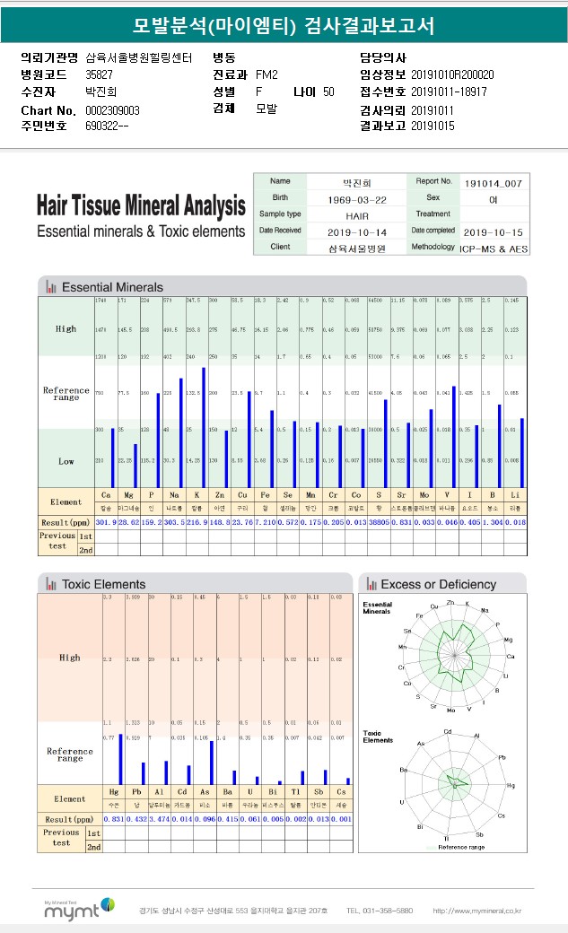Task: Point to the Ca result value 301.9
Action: click(x=106, y=522)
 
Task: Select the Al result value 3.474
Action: click(x=159, y=819)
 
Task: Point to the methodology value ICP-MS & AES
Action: click(x=495, y=247)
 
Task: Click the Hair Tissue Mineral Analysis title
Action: click(x=141, y=205)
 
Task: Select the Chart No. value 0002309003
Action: click(x=112, y=109)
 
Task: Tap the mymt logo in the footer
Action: click(x=79, y=909)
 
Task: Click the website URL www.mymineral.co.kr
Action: click(x=476, y=911)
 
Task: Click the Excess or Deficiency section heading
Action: click(x=438, y=584)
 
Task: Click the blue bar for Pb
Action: click(x=144, y=773)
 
